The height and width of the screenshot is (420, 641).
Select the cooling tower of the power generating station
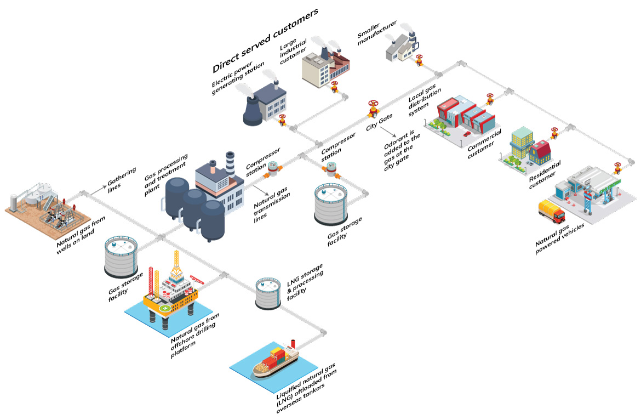tap(254, 108)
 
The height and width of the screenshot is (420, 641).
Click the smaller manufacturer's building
tap(400, 51)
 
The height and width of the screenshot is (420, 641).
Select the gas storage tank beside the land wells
tap(121, 256)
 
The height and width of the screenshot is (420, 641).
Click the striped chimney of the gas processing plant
tap(230, 162)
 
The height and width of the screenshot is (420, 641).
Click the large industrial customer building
tap(323, 69)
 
